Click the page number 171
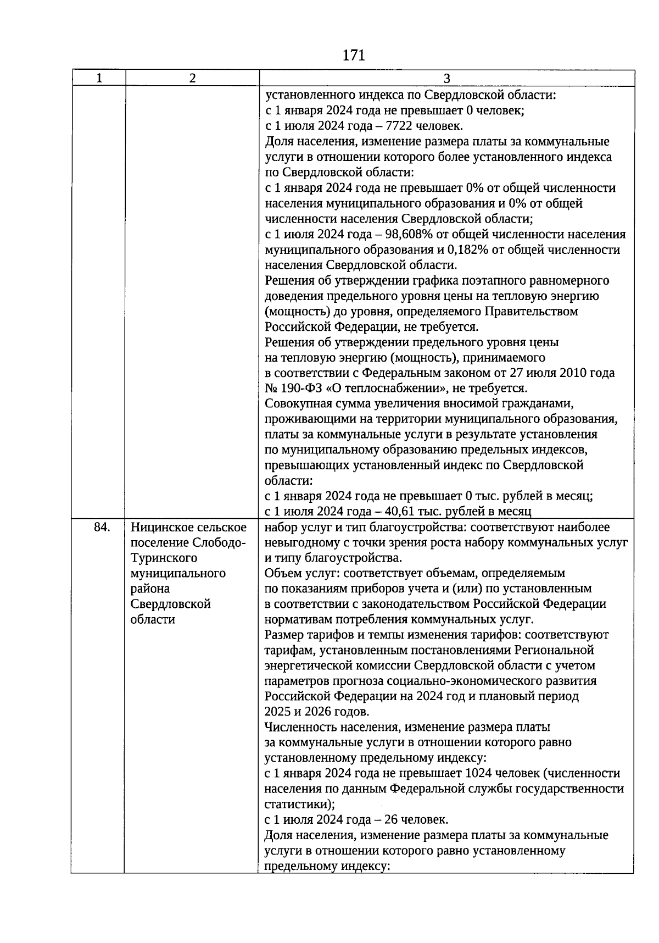coord(353,56)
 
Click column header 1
coord(99,78)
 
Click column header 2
coord(192,78)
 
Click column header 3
coord(446,78)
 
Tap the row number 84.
coord(102,527)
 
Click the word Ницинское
coord(160,527)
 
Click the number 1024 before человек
coord(478,773)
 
